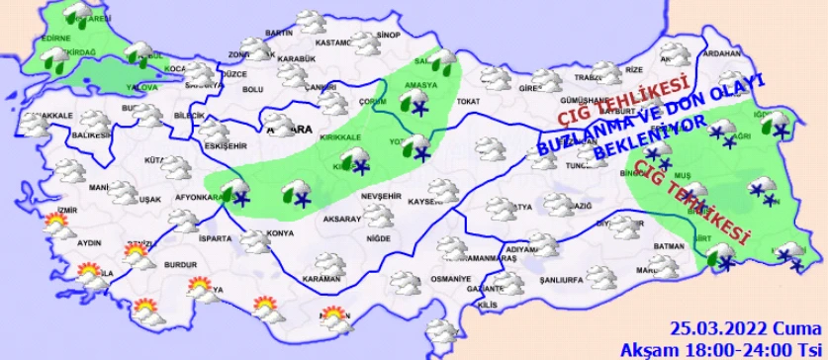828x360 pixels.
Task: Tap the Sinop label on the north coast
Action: coord(387,35)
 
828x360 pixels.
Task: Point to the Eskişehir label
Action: coord(222,147)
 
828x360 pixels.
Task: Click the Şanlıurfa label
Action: coord(558,280)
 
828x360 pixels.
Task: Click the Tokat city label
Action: coord(468,101)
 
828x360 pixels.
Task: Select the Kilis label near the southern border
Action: coord(487,306)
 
